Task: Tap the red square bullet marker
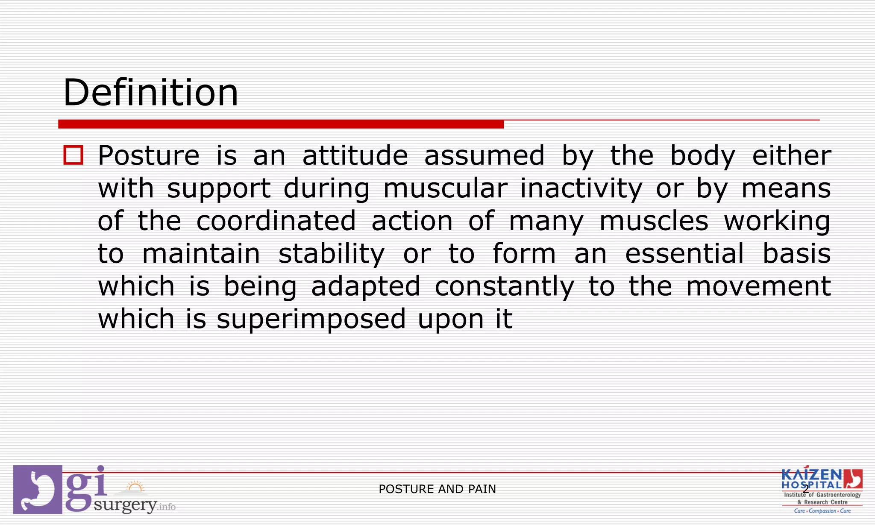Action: (73, 155)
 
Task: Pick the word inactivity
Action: (581, 188)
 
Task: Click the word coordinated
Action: (276, 221)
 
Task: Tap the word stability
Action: (332, 254)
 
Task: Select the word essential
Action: (684, 253)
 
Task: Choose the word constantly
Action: (504, 286)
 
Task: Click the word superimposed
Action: (311, 319)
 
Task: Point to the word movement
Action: (758, 286)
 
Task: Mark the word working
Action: (777, 221)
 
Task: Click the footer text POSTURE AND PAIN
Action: (437, 489)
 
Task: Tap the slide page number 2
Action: (806, 489)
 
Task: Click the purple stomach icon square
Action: (38, 489)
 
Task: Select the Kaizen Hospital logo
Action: (822, 490)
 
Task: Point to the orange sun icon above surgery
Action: (135, 487)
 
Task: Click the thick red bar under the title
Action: (281, 124)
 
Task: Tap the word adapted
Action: (366, 286)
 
